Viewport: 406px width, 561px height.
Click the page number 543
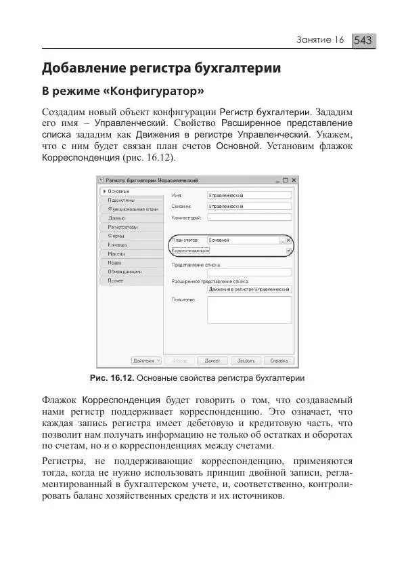363,41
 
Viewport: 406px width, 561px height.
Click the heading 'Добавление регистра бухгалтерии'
161,68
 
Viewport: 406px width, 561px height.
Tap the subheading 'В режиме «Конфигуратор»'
123,91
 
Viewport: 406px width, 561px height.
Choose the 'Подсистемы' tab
121,201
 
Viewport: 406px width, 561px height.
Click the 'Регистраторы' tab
122,227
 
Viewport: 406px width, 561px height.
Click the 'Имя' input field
249,194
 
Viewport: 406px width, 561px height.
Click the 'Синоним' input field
249,206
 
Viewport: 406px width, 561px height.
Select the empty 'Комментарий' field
249,217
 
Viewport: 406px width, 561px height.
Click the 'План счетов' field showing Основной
242,240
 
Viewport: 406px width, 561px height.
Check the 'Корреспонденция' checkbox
288,251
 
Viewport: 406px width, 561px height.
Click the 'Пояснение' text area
249,310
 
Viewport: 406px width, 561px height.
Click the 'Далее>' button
212,361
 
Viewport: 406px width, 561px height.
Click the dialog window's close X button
292,180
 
